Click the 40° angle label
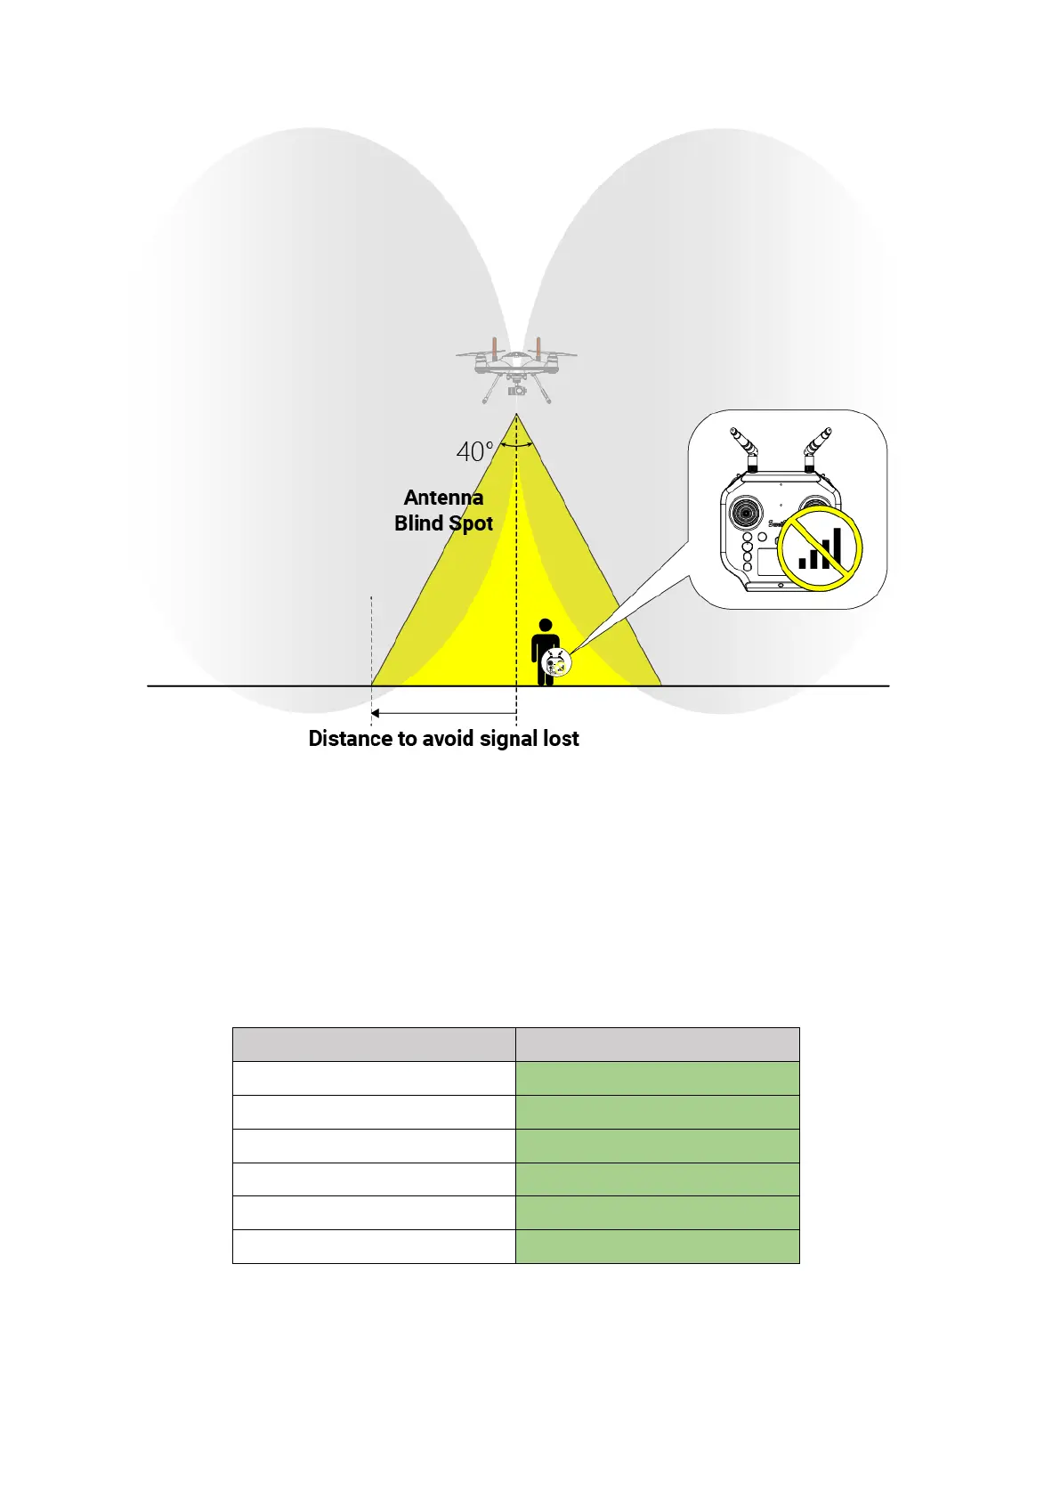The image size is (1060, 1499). click(x=473, y=452)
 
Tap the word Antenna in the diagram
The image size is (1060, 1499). click(x=443, y=498)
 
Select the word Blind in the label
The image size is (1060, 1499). click(x=418, y=523)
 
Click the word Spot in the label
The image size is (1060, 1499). click(x=470, y=523)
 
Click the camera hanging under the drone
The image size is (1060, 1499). click(x=515, y=389)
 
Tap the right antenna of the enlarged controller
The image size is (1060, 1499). click(x=818, y=445)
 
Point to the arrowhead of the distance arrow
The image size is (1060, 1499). click(x=376, y=713)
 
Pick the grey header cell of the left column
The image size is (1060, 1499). click(x=374, y=1044)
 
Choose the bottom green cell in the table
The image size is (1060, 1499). click(x=657, y=1246)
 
